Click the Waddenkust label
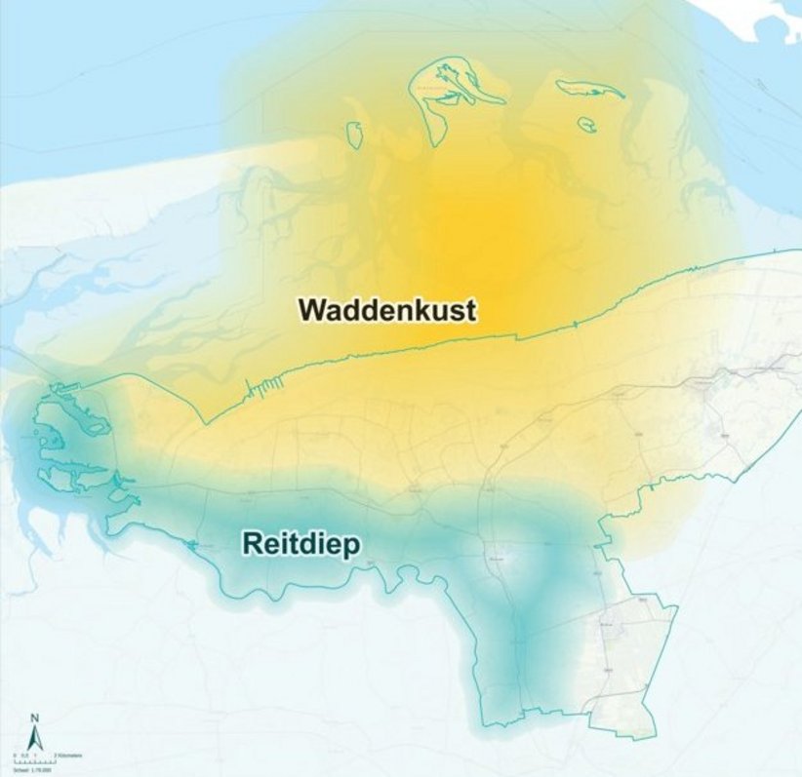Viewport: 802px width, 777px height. (387, 310)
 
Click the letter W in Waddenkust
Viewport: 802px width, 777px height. (312, 310)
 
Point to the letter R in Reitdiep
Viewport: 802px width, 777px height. (251, 544)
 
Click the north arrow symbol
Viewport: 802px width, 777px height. (35, 736)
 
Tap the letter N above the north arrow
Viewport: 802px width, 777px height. (35, 719)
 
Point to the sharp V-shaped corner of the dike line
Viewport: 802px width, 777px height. (205, 422)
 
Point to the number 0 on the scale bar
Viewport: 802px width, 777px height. (15, 757)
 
